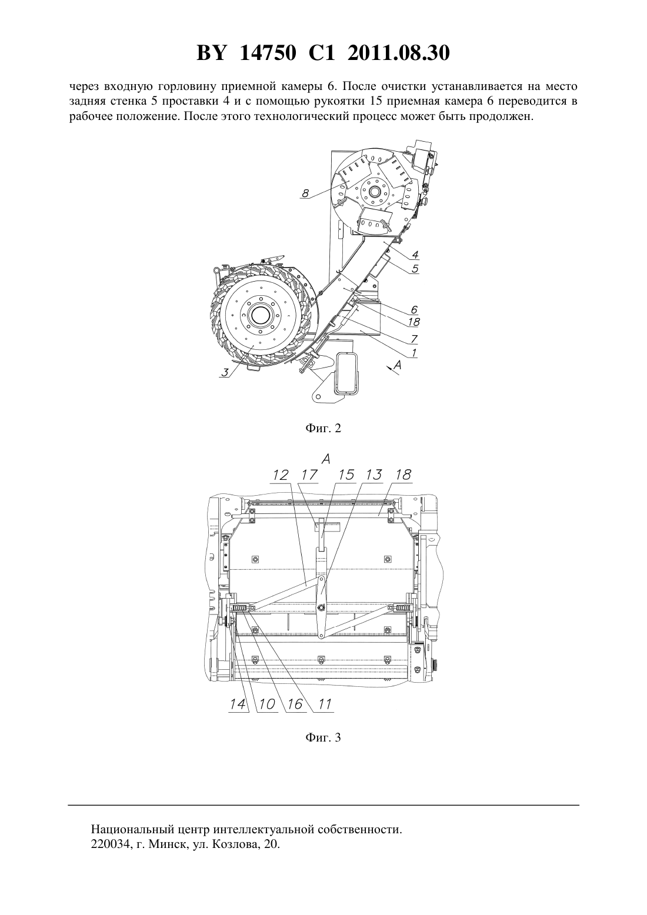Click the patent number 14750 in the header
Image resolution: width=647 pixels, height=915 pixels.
pos(268,53)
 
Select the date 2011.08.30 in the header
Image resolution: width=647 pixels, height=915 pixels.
pos(399,53)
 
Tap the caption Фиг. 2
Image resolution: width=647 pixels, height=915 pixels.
pos(323,429)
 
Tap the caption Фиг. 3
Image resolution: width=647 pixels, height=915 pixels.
pos(323,738)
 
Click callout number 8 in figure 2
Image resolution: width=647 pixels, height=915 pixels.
pos(305,193)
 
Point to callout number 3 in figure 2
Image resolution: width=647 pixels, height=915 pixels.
pos(224,373)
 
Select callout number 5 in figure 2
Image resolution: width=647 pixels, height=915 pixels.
pos(415,268)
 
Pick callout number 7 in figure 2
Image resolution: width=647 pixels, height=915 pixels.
pos(414,339)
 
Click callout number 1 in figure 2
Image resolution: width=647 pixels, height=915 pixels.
pos(414,352)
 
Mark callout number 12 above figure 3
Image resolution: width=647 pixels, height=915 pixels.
pos(280,475)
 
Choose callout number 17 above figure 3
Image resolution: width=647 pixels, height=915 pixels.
pos(309,475)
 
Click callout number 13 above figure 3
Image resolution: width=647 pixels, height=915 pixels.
pos(373,475)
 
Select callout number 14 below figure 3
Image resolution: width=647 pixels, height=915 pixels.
pos(238,704)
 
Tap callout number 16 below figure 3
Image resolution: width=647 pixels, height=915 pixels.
pos(295,704)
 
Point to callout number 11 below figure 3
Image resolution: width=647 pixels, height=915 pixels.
pos(324,704)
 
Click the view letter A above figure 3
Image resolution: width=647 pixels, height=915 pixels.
pos(325,459)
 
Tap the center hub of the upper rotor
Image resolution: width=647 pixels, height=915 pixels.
pos(374,191)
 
